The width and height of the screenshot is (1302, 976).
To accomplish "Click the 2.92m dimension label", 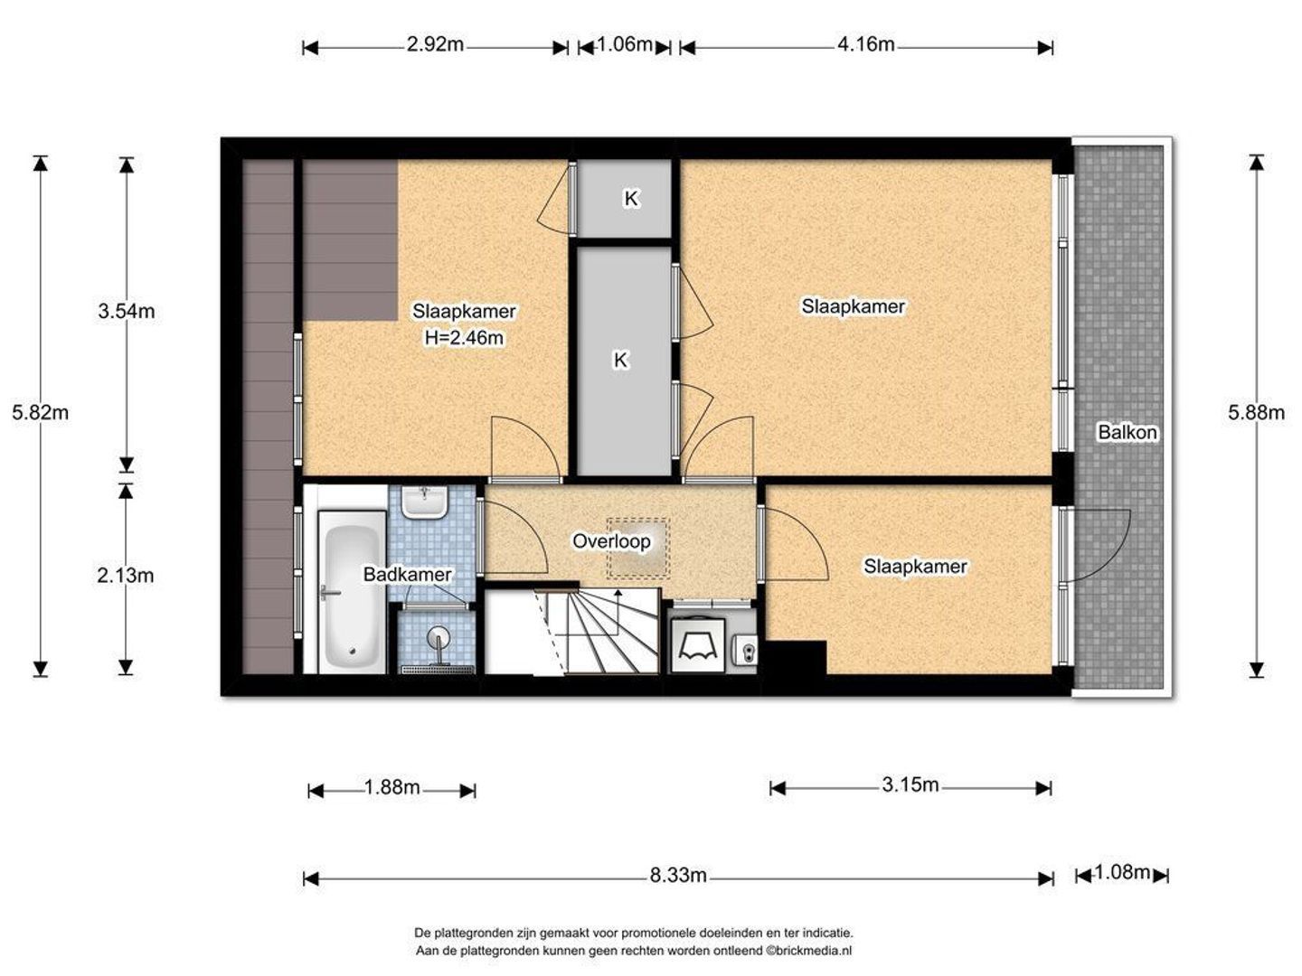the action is [435, 44].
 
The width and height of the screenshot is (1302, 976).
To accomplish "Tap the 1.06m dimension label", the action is [624, 44].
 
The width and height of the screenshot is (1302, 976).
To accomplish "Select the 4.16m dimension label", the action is [865, 44].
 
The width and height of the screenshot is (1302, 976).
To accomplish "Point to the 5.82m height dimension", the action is [41, 412].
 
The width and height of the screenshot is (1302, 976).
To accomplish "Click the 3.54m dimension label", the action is [127, 311].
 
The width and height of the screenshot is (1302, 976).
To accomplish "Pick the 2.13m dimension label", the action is [126, 575].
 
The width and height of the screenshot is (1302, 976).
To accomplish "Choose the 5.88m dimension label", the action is [1256, 412].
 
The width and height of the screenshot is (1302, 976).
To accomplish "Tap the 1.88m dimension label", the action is [392, 787].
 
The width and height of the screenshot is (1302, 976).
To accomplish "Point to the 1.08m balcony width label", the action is [1122, 872].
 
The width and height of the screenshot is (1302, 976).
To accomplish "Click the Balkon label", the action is [1127, 432].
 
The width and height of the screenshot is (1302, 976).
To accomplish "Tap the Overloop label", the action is [611, 541].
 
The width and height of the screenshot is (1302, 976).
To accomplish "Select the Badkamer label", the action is [408, 574].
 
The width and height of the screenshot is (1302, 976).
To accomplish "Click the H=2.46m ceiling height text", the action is [464, 338].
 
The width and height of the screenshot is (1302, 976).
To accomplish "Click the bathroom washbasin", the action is [424, 502].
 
